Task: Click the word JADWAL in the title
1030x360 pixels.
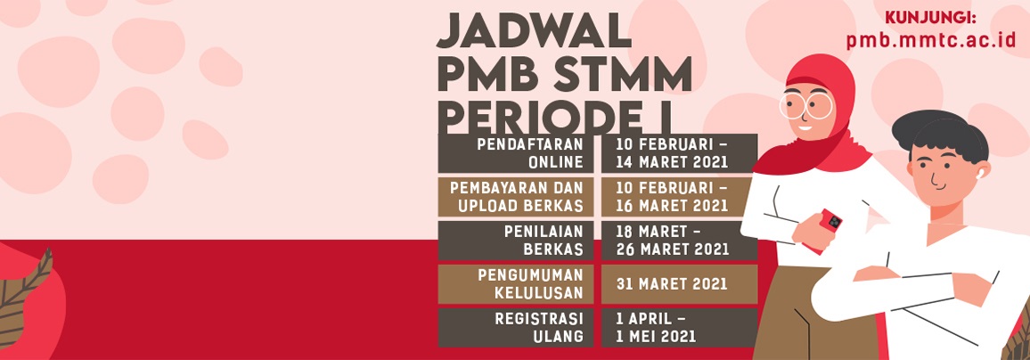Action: (x=534, y=30)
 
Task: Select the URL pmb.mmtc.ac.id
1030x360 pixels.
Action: (x=931, y=40)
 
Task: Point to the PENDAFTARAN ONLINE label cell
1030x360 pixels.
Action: (x=516, y=153)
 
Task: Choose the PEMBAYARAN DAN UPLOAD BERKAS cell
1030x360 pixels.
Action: (x=516, y=197)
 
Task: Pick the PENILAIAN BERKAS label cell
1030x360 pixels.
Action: (x=516, y=241)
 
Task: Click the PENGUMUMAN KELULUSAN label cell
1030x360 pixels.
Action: (x=516, y=283)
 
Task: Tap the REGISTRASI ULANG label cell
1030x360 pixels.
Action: (x=516, y=327)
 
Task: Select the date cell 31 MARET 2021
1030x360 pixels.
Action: (x=679, y=283)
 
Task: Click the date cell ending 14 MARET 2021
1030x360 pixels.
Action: (x=679, y=153)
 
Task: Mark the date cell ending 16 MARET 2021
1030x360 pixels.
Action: (x=679, y=197)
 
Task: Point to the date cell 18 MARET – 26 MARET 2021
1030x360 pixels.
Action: (x=679, y=241)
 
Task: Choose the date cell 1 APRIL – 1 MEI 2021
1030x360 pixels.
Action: (x=679, y=327)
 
